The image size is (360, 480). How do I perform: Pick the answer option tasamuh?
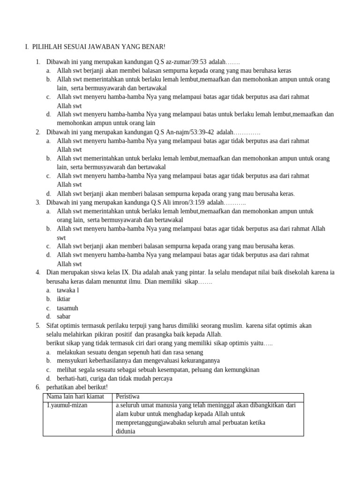point(67,308)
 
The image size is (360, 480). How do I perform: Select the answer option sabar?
point(64,317)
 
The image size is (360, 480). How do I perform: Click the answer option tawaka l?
point(68,290)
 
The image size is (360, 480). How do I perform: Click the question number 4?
point(37,273)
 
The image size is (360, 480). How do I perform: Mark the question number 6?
point(37,387)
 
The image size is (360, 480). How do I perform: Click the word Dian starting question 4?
point(53,273)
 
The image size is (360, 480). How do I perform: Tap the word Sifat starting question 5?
point(53,326)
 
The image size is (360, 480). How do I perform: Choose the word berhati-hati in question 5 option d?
point(73,378)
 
